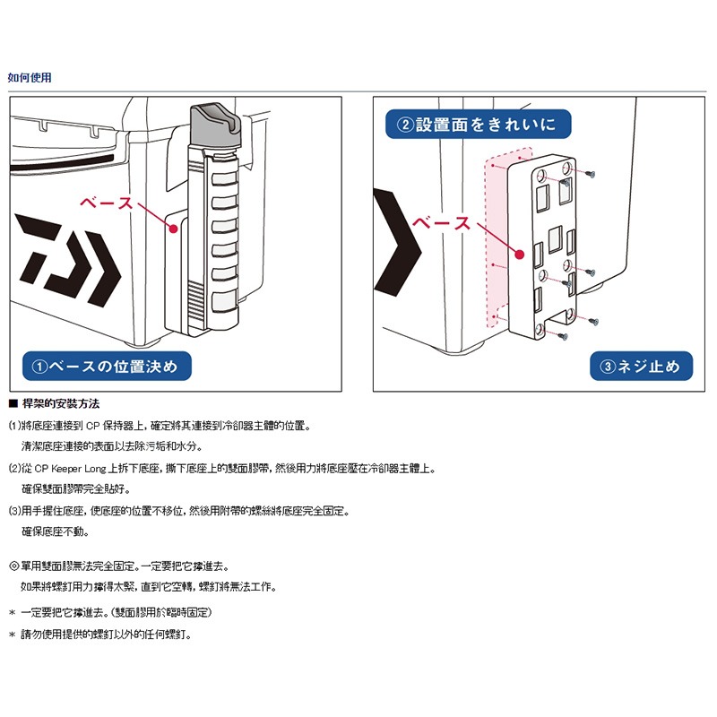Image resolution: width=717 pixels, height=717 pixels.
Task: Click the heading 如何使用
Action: (30, 78)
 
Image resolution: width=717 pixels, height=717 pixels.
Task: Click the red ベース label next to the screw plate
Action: (441, 223)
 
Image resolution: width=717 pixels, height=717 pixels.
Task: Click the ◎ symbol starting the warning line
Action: (13, 566)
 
